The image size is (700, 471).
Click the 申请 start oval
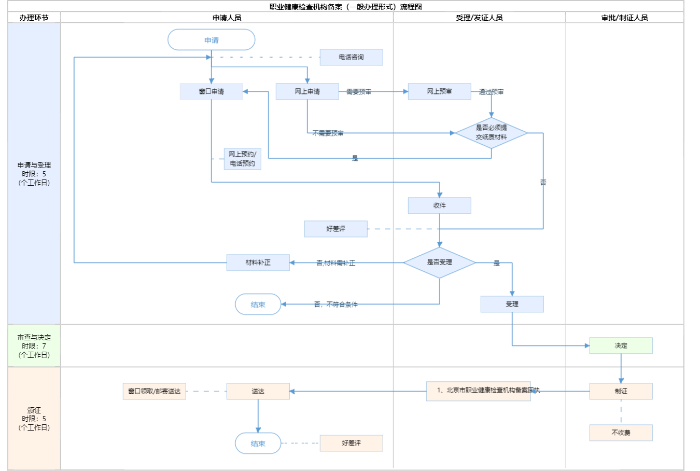212,40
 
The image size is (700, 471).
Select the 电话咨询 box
351,57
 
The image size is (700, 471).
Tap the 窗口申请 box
212,91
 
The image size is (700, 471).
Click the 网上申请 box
307,91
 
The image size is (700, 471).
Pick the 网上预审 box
439,91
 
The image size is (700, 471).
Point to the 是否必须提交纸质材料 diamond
491,133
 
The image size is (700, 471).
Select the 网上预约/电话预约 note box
242,159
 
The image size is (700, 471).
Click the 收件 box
439,205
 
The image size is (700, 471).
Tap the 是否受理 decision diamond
439,262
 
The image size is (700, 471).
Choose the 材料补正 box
258,262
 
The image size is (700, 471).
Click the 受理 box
512,304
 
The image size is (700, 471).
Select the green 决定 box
621,345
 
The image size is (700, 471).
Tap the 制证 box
621,391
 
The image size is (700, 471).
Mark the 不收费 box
621,433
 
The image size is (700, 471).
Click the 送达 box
258,391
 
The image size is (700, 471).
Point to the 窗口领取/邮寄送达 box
154,391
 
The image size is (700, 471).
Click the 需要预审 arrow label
359,92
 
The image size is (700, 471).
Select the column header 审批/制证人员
624,18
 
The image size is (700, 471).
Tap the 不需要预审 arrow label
328,133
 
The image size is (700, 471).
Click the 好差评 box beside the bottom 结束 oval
351,443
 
